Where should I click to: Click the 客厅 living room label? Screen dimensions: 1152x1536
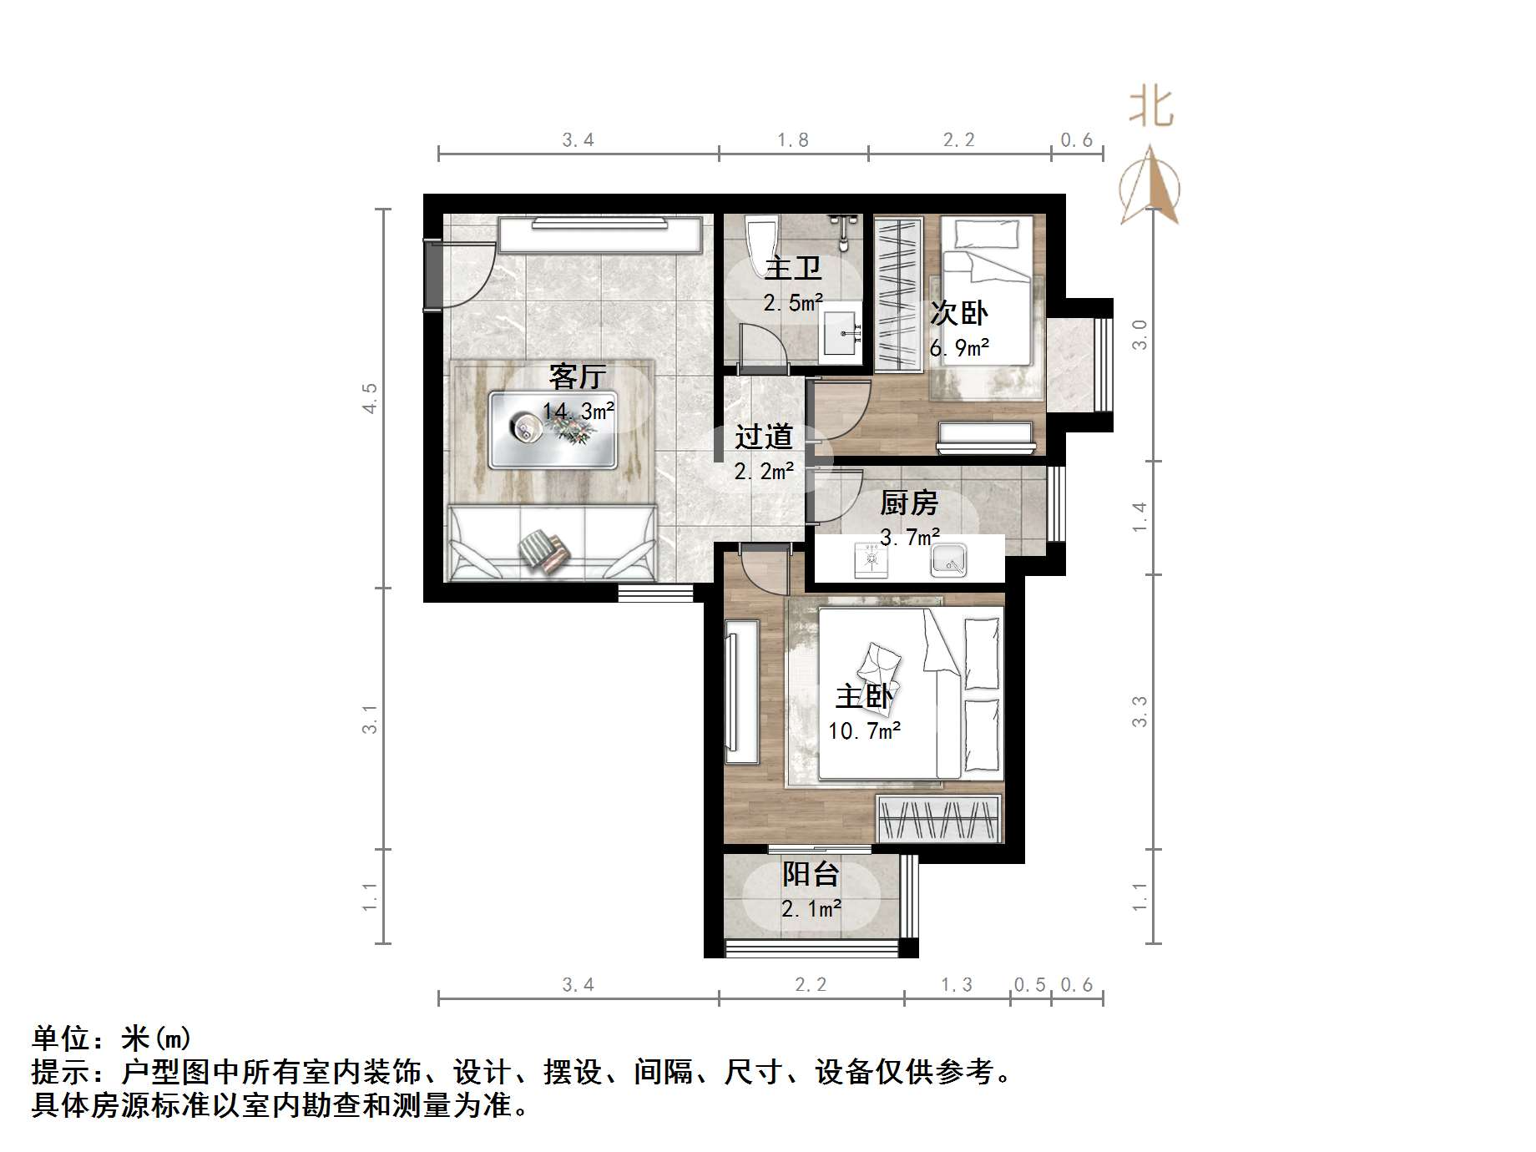point(577,376)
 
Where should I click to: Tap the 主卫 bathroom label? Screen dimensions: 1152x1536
point(792,268)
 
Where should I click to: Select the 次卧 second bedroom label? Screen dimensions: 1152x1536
point(959,313)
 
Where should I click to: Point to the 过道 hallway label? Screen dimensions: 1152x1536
point(763,436)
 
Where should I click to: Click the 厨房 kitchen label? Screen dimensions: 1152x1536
point(908,503)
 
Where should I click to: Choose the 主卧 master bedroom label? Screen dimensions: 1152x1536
point(864,696)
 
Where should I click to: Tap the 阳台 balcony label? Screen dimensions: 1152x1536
point(810,874)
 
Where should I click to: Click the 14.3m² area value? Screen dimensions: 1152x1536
point(579,411)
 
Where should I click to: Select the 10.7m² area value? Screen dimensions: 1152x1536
point(864,731)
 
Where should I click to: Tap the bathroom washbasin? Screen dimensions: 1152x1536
point(840,336)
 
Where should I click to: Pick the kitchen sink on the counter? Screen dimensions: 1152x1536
point(948,559)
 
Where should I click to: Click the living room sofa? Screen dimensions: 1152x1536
point(552,543)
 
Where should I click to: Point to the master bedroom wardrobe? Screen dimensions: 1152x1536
point(938,818)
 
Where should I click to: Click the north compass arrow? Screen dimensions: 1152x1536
point(1149,188)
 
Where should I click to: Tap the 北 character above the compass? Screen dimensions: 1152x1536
point(1151,108)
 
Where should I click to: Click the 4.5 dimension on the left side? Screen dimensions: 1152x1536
point(370,397)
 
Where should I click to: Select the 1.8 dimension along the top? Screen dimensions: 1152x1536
point(792,140)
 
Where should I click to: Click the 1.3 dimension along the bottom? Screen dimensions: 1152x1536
point(956,985)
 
